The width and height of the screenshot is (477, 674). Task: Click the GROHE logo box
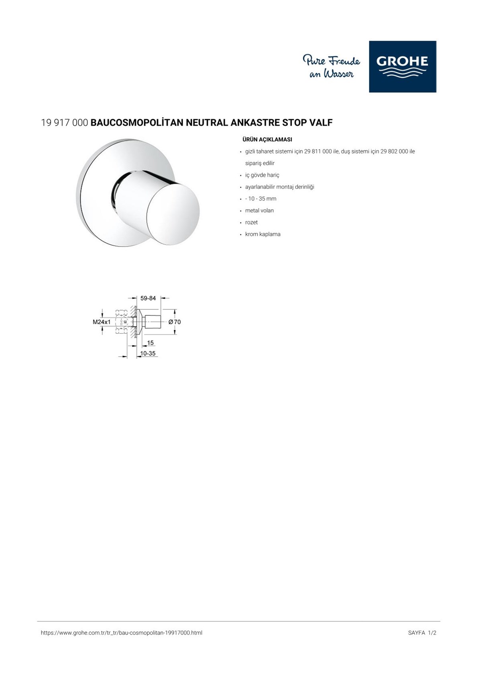pos(402,66)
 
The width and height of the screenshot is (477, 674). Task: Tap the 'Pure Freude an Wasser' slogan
pos(332,67)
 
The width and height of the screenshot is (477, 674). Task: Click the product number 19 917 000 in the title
pos(64,123)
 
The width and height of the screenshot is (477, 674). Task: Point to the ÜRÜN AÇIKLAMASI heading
pos(267,139)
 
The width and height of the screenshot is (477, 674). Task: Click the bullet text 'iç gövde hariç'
pos(262,175)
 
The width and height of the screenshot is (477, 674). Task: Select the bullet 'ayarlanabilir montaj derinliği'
pos(279,187)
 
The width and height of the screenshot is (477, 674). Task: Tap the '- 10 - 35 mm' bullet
pos(260,199)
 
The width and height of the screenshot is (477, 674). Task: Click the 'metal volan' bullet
pos(259,211)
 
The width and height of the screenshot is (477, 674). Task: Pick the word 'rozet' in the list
pos(251,222)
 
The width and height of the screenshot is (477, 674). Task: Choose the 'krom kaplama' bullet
pos(263,234)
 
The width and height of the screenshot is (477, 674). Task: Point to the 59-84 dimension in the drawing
pos(148,298)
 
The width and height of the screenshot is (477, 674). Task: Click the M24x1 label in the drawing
pos(101,322)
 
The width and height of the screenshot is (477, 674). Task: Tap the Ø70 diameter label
pos(175,322)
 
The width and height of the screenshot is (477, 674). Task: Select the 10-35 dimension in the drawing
pos(147,353)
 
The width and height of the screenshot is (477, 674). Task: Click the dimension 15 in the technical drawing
pos(150,343)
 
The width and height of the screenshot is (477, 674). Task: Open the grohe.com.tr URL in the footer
pos(121,633)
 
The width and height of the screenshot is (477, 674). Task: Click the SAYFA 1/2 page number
pos(422,633)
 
